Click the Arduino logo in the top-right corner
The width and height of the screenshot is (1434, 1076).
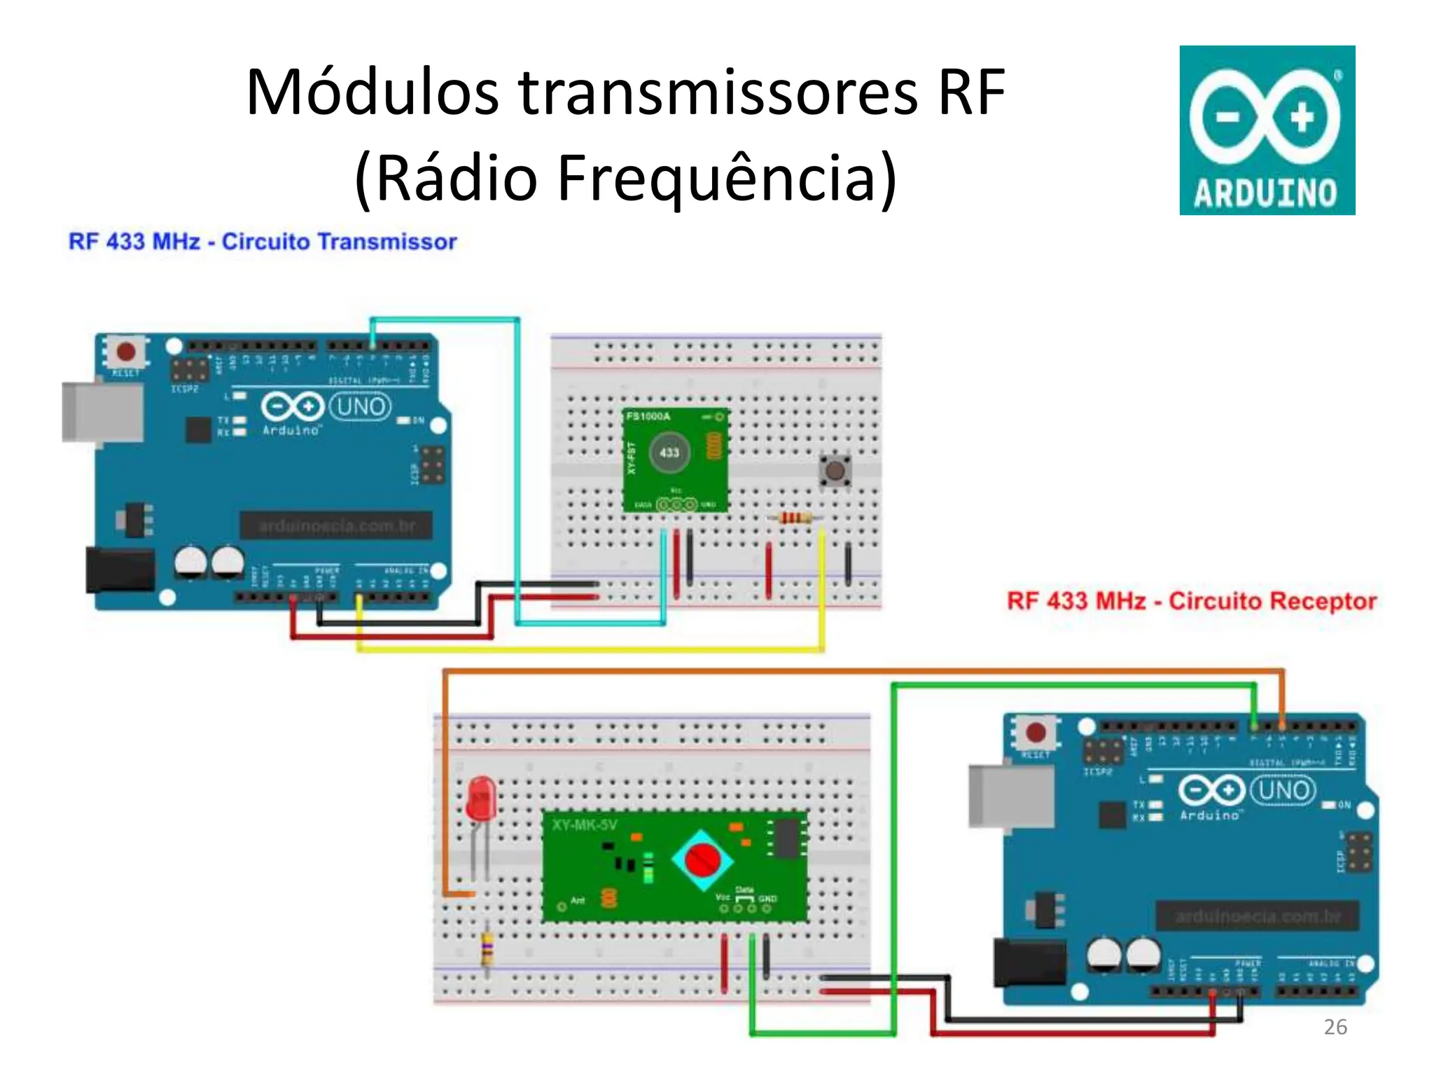coord(1267,130)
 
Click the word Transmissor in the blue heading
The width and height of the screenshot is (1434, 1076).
coord(387,242)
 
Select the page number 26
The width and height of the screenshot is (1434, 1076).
coord(1335,1027)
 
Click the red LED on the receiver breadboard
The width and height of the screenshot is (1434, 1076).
coord(481,798)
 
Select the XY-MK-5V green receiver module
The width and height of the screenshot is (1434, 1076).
coord(675,866)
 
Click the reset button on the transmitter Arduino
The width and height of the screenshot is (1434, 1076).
coord(126,351)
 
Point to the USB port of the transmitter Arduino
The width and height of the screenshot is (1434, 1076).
coord(102,413)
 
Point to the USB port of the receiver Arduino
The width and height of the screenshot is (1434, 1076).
coord(1010,796)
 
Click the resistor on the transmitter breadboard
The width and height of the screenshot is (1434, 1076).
coord(793,518)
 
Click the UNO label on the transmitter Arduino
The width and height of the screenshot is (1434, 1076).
coord(361,406)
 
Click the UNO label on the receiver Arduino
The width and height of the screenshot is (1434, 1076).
coord(1283,790)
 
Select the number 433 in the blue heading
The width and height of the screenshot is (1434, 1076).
coord(125,242)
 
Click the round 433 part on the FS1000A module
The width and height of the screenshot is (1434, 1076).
coord(669,453)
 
